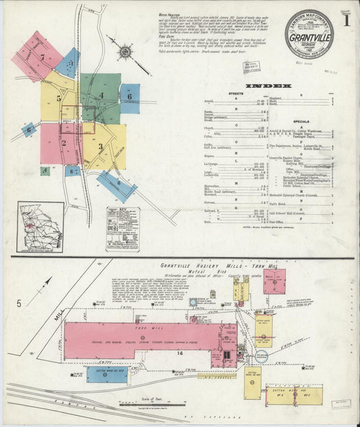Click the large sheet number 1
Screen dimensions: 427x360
click(346, 21)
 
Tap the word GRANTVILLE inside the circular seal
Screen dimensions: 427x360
click(309, 37)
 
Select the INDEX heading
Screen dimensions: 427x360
click(268, 86)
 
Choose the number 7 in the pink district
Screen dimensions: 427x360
click(42, 57)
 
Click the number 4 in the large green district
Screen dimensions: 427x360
click(102, 95)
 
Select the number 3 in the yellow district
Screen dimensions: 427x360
click(100, 146)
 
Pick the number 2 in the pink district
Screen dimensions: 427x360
click(63, 143)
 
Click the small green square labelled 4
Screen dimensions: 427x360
click(45, 171)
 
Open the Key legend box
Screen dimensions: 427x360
click(122, 228)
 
